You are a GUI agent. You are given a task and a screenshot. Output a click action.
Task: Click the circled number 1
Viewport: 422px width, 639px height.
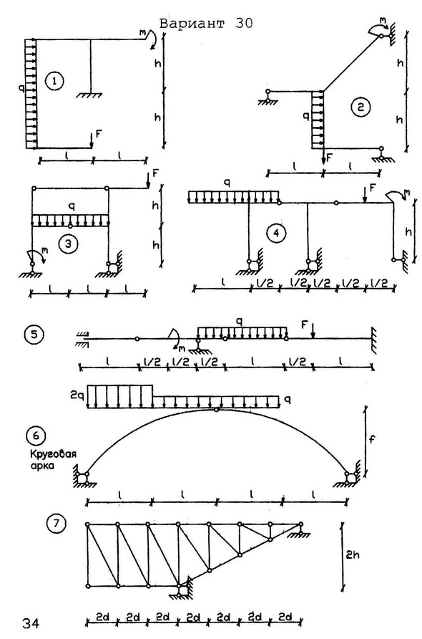[x=54, y=82]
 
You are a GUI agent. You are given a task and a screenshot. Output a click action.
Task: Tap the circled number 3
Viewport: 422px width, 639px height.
[x=67, y=244]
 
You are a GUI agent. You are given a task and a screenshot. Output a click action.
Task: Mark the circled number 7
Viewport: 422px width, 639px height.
[x=56, y=524]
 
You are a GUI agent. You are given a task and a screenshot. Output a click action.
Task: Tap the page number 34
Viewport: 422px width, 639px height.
[x=31, y=623]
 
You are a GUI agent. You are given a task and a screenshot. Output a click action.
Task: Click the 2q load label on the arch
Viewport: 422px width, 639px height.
[x=77, y=395]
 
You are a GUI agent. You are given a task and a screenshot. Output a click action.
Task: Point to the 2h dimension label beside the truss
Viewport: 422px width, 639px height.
[x=353, y=555]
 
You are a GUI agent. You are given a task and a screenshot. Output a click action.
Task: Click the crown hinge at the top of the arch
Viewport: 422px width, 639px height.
[x=216, y=410]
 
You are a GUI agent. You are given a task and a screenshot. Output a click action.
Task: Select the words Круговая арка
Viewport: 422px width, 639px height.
[x=52, y=459]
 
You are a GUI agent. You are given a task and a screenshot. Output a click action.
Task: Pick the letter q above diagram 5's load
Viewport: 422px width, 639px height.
[x=240, y=322]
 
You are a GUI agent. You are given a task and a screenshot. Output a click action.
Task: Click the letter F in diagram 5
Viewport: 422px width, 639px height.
[x=304, y=325]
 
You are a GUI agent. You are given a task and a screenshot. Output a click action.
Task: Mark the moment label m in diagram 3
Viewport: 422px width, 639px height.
[x=44, y=251]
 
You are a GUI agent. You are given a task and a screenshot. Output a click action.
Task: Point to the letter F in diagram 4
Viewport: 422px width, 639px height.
[x=373, y=188]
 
